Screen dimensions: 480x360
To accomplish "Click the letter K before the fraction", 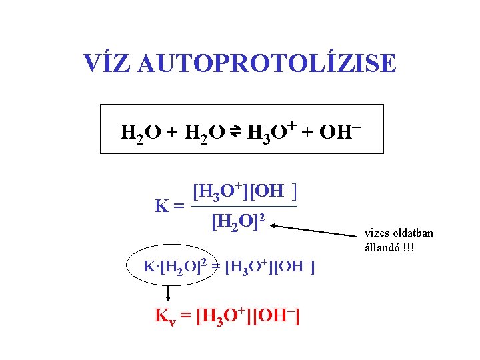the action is coord(161,206).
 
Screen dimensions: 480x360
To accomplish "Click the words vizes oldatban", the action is coord(399,233).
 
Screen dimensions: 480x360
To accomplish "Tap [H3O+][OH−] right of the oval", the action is coord(270,268).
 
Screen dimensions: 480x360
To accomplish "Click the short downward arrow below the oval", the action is coord(167,293).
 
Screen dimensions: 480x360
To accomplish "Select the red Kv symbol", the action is coord(164,316).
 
